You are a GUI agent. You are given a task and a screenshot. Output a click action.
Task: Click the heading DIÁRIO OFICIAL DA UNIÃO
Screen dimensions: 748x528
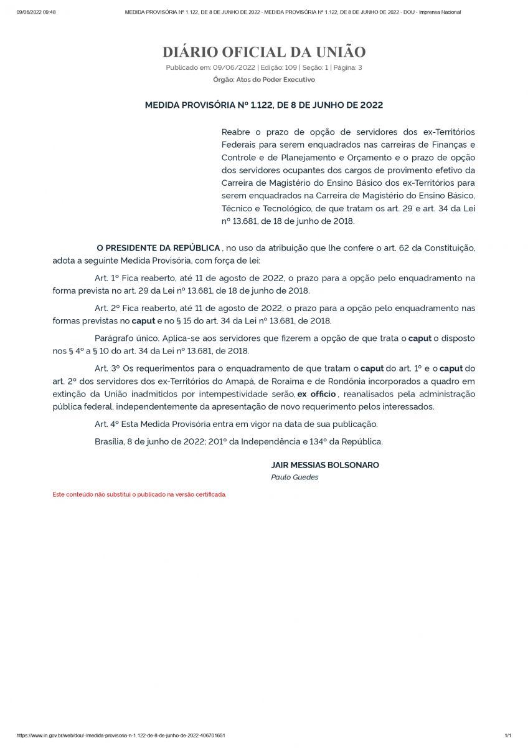coord(264,52)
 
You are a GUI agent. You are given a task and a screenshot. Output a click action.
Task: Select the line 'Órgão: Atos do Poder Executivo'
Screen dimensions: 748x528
coord(264,80)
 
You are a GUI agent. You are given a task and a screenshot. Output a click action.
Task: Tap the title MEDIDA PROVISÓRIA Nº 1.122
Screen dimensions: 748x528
coord(264,105)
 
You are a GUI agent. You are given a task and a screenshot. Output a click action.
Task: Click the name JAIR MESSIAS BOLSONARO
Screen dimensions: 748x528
coord(325,465)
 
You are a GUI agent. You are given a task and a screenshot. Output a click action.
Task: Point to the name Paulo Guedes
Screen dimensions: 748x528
coord(295,477)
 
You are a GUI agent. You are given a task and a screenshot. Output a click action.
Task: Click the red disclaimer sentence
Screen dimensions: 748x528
coord(139,494)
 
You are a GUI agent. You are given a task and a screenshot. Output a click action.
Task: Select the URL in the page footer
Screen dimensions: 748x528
coord(121,736)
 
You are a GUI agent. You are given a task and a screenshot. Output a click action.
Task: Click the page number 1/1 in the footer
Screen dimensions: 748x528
coord(507,736)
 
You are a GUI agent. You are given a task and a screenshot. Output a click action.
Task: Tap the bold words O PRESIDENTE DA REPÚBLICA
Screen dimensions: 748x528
coord(158,248)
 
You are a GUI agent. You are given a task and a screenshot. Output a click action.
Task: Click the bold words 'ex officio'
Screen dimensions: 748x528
coord(316,394)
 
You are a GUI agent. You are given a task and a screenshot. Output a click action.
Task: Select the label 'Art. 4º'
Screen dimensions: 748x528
coord(107,424)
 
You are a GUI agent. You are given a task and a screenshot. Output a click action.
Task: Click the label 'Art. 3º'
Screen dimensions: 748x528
coord(107,369)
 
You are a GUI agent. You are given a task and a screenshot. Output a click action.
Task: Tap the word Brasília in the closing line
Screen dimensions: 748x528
coord(109,441)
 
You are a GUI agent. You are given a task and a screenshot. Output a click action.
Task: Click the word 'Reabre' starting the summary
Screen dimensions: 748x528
coord(236,132)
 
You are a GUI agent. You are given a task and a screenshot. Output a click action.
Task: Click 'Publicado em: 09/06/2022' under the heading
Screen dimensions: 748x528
coord(210,67)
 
